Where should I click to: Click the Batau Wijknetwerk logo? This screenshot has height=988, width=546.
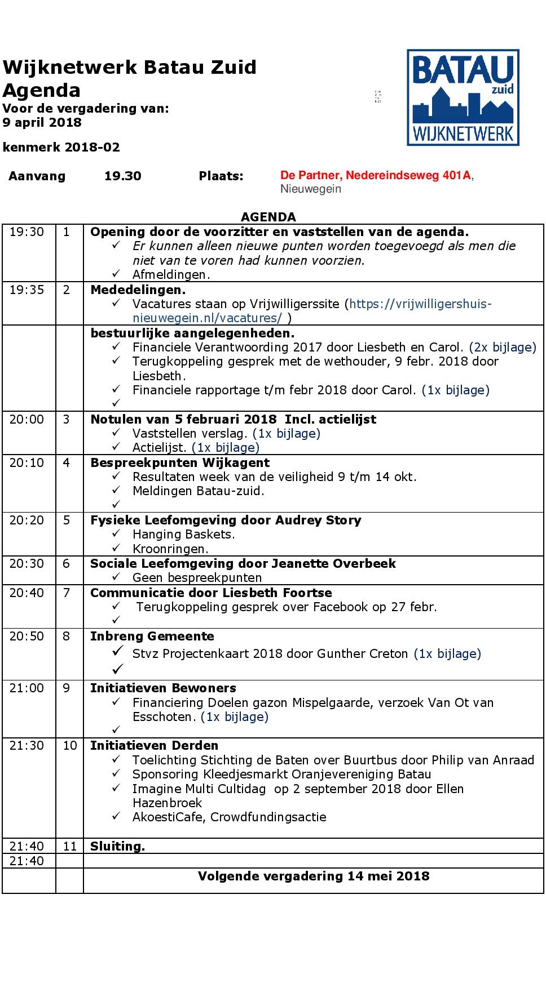pyautogui.click(x=463, y=97)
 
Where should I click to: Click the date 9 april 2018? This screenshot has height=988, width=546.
pyautogui.click(x=42, y=123)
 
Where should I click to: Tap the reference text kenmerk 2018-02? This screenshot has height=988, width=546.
pyautogui.click(x=61, y=148)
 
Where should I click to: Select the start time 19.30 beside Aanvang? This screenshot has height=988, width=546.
pyautogui.click(x=122, y=176)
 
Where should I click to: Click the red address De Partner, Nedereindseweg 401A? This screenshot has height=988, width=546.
pyautogui.click(x=376, y=176)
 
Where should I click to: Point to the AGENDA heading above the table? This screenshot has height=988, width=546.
pyautogui.click(x=268, y=217)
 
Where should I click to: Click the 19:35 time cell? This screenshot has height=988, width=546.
pyautogui.click(x=27, y=290)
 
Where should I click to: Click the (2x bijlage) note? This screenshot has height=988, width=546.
pyautogui.click(x=503, y=348)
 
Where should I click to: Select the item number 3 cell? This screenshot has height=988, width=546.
pyautogui.click(x=67, y=420)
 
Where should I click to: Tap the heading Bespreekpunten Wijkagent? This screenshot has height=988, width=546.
pyautogui.click(x=180, y=463)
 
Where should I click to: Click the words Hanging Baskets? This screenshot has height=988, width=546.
pyautogui.click(x=183, y=535)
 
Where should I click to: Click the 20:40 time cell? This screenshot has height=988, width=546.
pyautogui.click(x=27, y=593)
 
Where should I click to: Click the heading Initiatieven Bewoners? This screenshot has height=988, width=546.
pyautogui.click(x=163, y=688)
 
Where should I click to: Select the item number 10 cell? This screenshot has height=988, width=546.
pyautogui.click(x=69, y=746)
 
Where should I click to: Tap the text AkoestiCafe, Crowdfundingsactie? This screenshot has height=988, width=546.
pyautogui.click(x=229, y=817)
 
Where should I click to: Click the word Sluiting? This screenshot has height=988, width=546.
pyautogui.click(x=117, y=847)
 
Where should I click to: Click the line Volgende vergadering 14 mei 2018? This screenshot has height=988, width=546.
pyautogui.click(x=314, y=876)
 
